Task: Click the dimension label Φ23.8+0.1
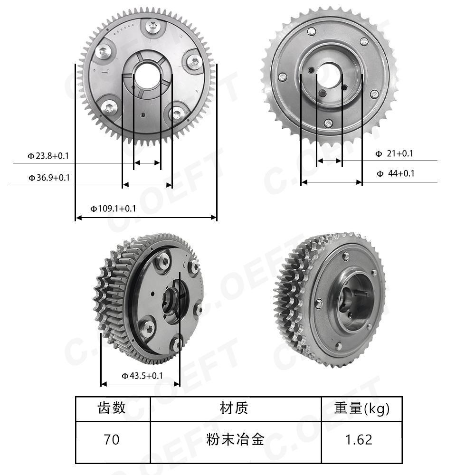tap(49, 155)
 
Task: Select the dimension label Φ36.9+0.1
tap(49, 178)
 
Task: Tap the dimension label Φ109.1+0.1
tap(114, 208)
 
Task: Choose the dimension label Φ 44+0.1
tap(395, 173)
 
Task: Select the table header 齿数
tap(112, 408)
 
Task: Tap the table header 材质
tap(235, 408)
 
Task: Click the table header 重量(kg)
tap(361, 408)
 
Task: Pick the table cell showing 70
tap(112, 439)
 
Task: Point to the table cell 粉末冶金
tap(235, 439)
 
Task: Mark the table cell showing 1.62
tap(360, 439)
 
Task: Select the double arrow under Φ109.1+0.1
tap(146, 218)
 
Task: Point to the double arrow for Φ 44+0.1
tap(332, 182)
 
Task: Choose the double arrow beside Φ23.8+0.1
tap(147, 163)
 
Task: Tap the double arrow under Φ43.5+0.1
tap(141, 384)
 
